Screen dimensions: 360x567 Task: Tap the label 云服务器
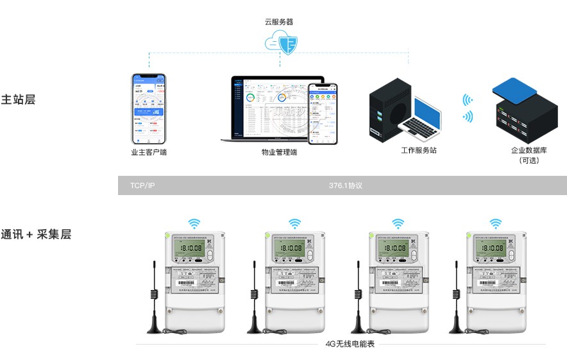pos(279,21)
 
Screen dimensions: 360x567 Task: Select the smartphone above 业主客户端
pos(149,108)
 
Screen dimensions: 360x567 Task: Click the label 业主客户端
pos(149,153)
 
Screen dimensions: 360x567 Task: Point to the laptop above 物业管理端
pos(269,109)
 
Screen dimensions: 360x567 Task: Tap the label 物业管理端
pos(279,153)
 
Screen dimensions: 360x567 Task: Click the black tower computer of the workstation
pos(389,110)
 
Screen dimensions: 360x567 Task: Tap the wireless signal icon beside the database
pos(468,108)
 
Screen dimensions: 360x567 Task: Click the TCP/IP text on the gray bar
pos(142,185)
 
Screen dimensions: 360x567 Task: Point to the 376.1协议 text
pos(346,185)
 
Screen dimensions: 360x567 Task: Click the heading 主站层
pos(18,99)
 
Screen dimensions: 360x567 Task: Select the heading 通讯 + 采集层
pos(36,234)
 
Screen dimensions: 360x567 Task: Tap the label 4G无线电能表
pos(350,344)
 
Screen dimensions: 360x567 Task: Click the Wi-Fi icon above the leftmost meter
pos(194,223)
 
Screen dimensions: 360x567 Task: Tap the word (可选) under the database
pos(529,161)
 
